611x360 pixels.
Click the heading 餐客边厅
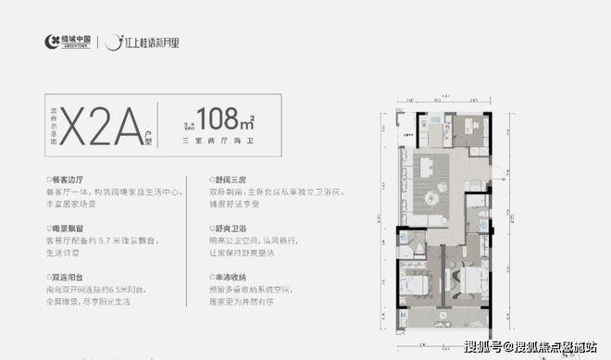coord(69,177)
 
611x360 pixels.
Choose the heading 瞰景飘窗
coord(69,226)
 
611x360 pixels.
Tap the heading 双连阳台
coord(69,276)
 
